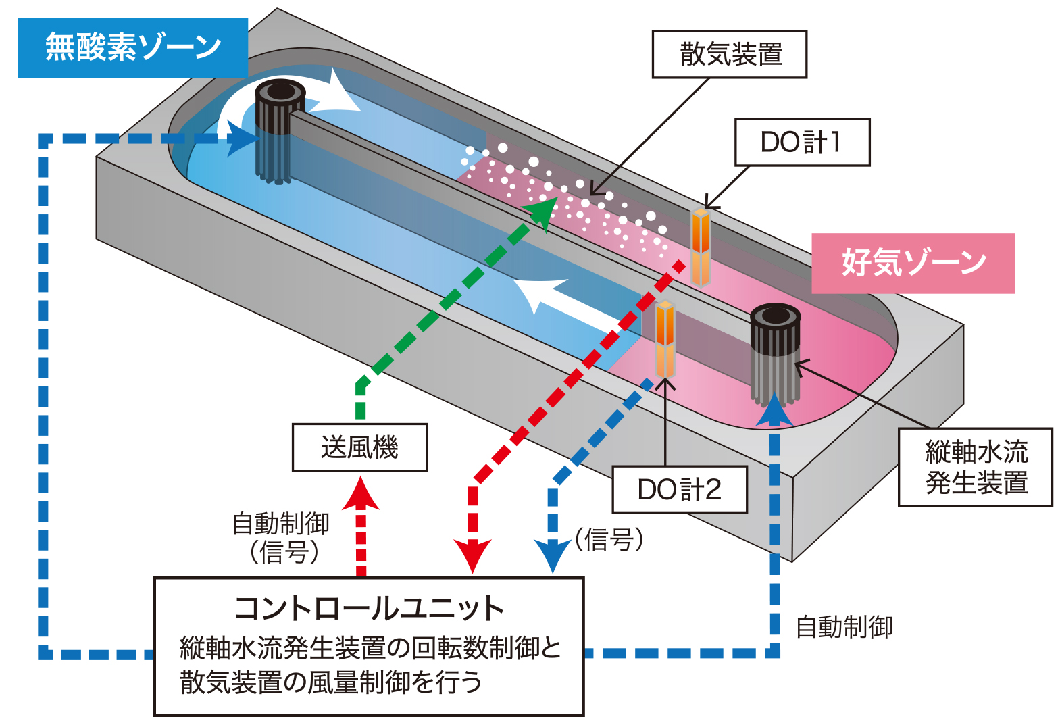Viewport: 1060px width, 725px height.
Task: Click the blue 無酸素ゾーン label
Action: click(132, 47)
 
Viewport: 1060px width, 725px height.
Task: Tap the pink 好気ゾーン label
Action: click(913, 263)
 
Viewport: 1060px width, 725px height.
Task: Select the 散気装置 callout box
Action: click(729, 54)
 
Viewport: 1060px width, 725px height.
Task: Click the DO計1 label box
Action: click(802, 142)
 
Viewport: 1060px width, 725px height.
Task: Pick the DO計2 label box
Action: click(680, 489)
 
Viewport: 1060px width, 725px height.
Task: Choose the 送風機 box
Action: click(359, 447)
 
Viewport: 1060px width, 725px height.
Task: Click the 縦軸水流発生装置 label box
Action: click(976, 467)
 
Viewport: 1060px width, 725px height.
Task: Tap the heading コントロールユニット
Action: click(369, 609)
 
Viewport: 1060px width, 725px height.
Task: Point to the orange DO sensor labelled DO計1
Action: click(701, 247)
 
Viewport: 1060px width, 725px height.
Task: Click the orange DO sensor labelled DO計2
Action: click(665, 339)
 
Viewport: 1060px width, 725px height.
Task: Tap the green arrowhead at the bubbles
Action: click(542, 213)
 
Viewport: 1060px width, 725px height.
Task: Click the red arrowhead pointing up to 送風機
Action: click(361, 493)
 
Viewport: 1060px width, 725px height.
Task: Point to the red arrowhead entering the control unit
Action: click(472, 556)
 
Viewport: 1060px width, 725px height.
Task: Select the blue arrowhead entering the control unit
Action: click(552, 556)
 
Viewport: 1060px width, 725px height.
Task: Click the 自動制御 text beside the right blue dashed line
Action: click(844, 627)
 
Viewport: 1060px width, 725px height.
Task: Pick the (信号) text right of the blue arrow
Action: click(609, 539)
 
